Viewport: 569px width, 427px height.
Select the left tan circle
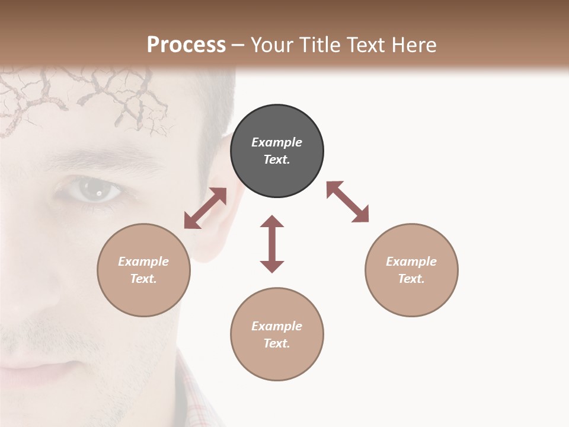coord(143,270)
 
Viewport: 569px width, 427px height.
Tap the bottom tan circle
coord(277,334)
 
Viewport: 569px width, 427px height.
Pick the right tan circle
coord(411,270)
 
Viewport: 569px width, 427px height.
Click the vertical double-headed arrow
coord(272,244)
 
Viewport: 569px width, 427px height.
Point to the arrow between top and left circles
coord(205,208)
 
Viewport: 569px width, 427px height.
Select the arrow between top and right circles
coord(348,202)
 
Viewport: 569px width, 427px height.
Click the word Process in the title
coord(186,44)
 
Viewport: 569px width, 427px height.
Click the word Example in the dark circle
coord(277,142)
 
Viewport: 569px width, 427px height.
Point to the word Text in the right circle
coord(411,279)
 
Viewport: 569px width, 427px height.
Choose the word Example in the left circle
coord(143,262)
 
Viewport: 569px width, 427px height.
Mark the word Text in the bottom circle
coord(276,343)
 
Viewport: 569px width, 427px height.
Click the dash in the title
coord(238,44)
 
